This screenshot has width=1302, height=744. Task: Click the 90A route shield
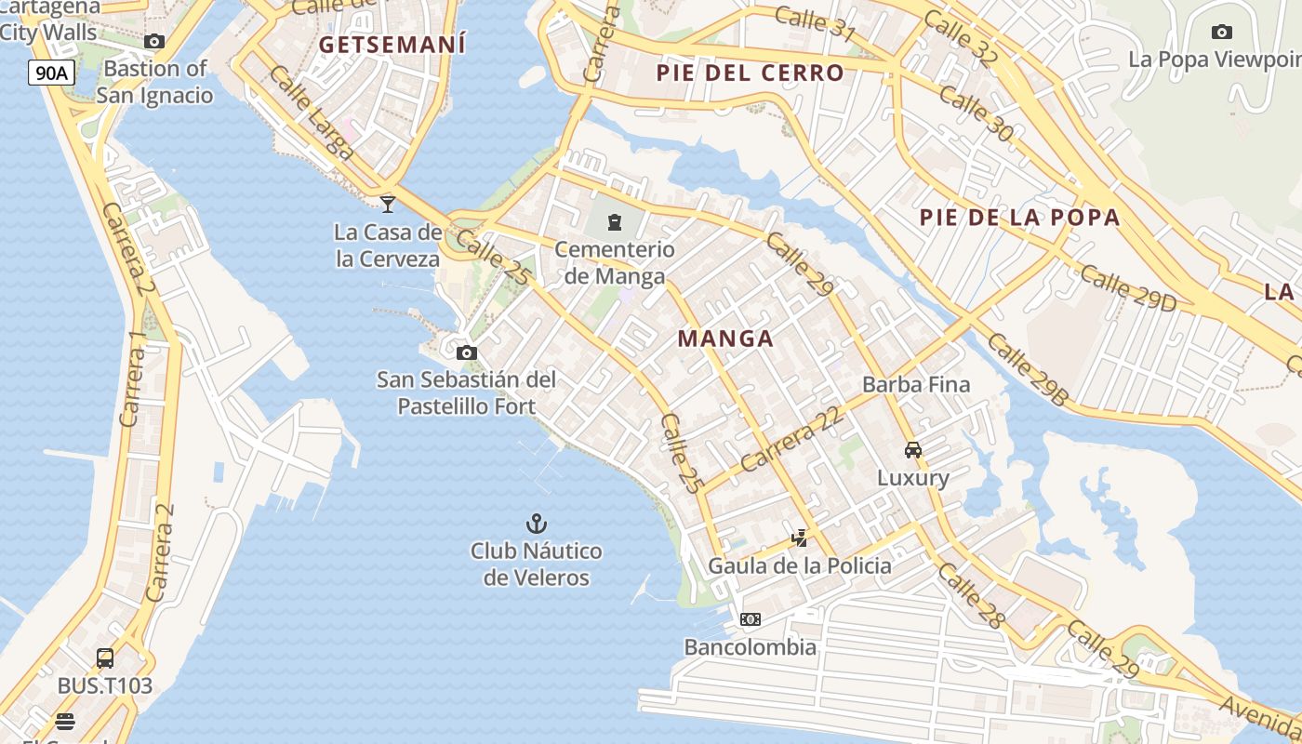click(51, 73)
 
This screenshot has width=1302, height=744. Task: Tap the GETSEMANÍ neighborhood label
click(392, 44)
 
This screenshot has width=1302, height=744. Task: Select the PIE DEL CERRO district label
click(751, 73)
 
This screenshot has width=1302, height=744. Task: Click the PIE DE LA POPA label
click(1019, 218)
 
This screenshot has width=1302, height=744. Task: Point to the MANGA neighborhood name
click(725, 339)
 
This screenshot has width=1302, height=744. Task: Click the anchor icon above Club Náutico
click(536, 524)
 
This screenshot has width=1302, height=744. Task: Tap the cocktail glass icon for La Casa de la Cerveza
click(388, 204)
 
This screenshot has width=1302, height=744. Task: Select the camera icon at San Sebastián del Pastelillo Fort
click(467, 352)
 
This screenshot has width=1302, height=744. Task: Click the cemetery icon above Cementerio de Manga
click(615, 221)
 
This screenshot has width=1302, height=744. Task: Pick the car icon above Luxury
click(913, 450)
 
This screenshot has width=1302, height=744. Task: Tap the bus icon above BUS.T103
click(105, 658)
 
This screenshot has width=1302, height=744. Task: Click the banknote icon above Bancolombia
click(751, 619)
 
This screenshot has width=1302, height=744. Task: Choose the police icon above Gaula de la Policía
click(799, 538)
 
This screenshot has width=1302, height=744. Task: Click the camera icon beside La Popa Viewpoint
click(1222, 33)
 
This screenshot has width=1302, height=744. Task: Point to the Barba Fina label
click(916, 384)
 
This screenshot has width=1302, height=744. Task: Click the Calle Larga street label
click(312, 113)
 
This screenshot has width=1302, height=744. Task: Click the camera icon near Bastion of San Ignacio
click(154, 41)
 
